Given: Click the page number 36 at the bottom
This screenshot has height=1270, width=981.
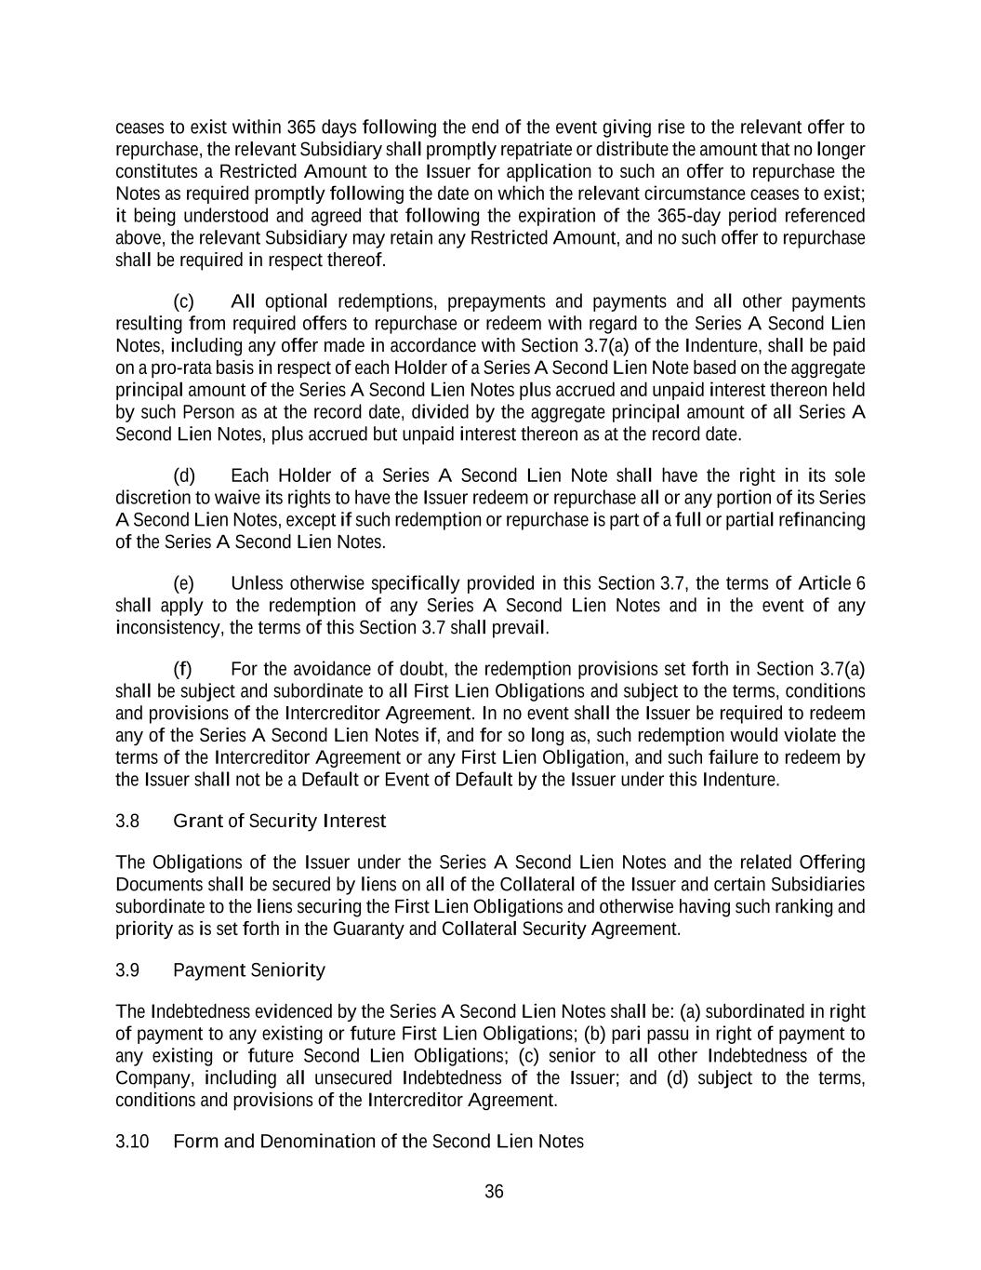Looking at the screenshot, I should coord(494,1192).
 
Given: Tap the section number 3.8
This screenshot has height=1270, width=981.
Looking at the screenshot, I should coord(127,821).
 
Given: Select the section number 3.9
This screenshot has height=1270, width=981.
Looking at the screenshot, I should coord(127,970).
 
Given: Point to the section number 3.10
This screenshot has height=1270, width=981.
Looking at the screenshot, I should coord(132,1142).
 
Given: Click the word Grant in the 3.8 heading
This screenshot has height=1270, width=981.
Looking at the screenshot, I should coord(197,821).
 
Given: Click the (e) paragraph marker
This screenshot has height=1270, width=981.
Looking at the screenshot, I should coord(184,583).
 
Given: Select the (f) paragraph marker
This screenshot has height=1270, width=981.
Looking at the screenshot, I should coord(183,669).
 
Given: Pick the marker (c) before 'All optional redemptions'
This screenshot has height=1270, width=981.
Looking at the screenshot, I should coord(184,301).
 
